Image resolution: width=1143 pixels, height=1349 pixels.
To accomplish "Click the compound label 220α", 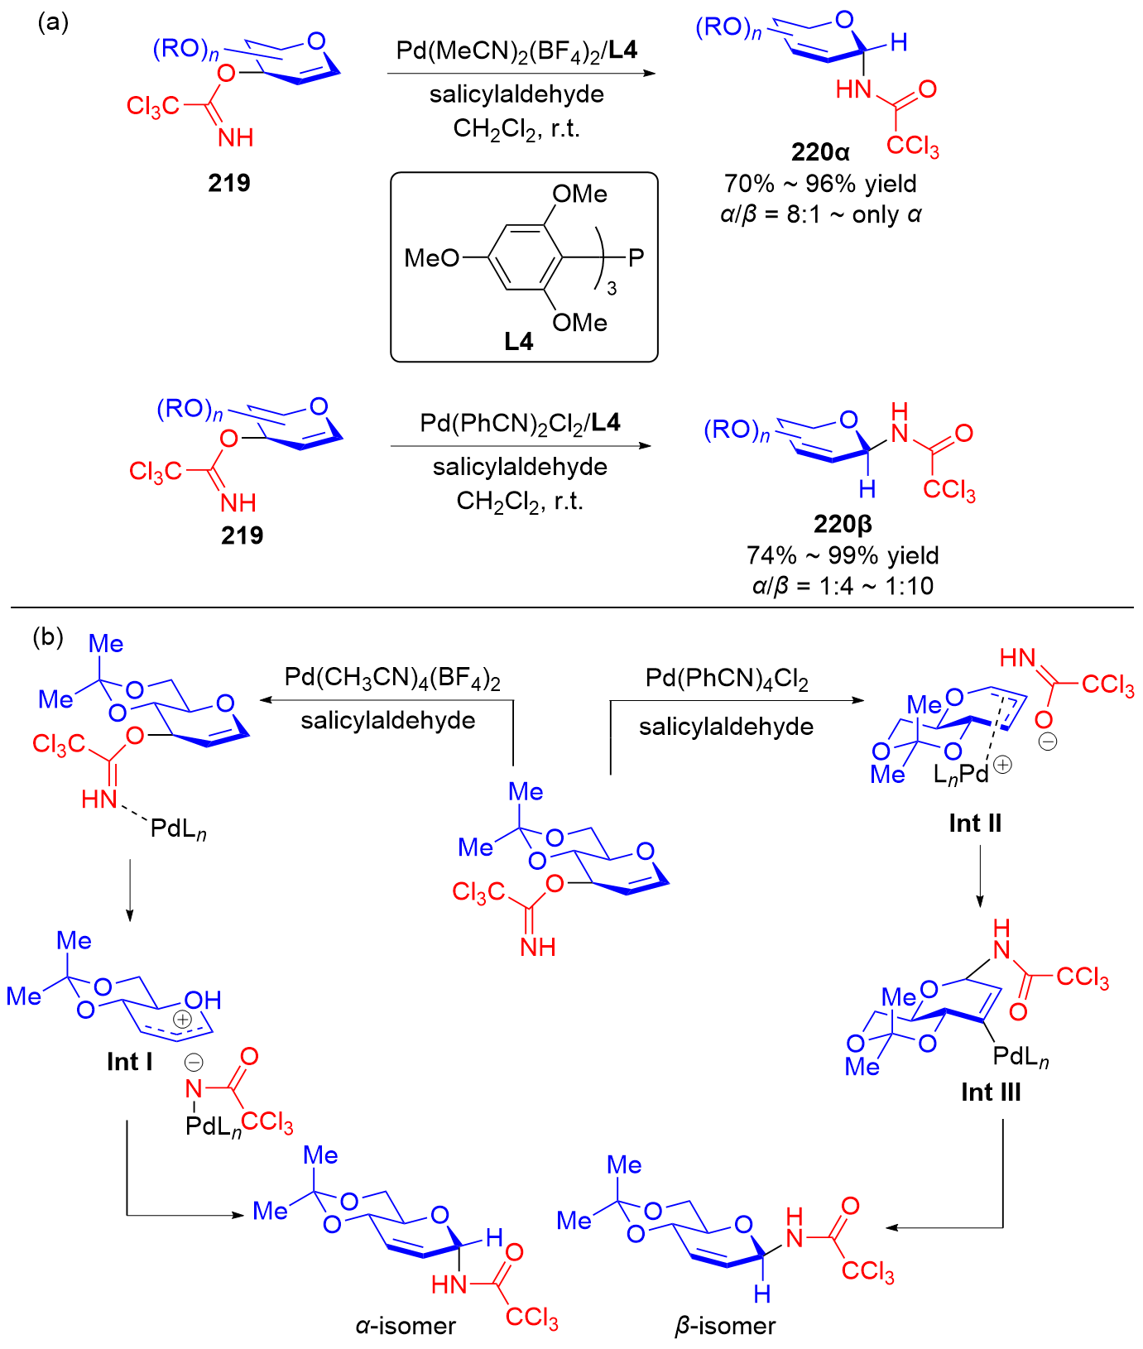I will coord(819,152).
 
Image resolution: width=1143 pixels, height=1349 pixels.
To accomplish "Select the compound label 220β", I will coord(843,525).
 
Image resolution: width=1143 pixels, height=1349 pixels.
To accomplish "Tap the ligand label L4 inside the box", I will coord(519,341).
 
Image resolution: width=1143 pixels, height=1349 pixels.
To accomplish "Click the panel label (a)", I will coord(53,22).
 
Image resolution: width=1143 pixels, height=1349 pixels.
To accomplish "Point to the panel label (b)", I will coord(48,636).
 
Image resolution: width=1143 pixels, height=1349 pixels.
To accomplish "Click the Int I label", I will coord(130,1062).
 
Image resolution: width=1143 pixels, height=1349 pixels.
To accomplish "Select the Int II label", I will coord(975,823).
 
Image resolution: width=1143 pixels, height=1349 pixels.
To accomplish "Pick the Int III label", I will coord(991,1092).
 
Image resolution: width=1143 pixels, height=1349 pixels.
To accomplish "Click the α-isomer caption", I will coord(406,1326).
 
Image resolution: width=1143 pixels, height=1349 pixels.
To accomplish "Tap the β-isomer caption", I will coord(725,1326).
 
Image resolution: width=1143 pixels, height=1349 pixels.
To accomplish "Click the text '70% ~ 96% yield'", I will coord(820,184).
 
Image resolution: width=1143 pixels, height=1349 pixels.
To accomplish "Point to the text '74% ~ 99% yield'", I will coord(843,555).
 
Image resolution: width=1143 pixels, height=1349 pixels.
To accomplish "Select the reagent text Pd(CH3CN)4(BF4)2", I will coord(392,679).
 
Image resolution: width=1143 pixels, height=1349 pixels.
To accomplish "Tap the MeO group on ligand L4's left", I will coord(430,258).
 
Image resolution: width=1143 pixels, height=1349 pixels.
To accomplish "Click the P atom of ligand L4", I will coord(636,258).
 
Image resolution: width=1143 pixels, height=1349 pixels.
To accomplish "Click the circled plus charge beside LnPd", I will coord(1002,765).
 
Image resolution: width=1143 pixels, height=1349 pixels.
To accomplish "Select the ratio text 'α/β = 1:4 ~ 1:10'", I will coord(843,586).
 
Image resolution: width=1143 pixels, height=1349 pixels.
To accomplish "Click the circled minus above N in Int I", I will coord(194,1062).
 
